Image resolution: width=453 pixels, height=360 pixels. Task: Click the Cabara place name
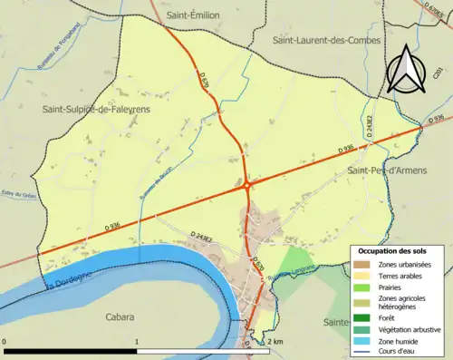[119, 317]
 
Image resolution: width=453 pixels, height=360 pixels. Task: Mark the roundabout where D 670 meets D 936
[246, 185]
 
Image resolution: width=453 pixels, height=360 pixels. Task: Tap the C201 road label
[438, 88]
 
